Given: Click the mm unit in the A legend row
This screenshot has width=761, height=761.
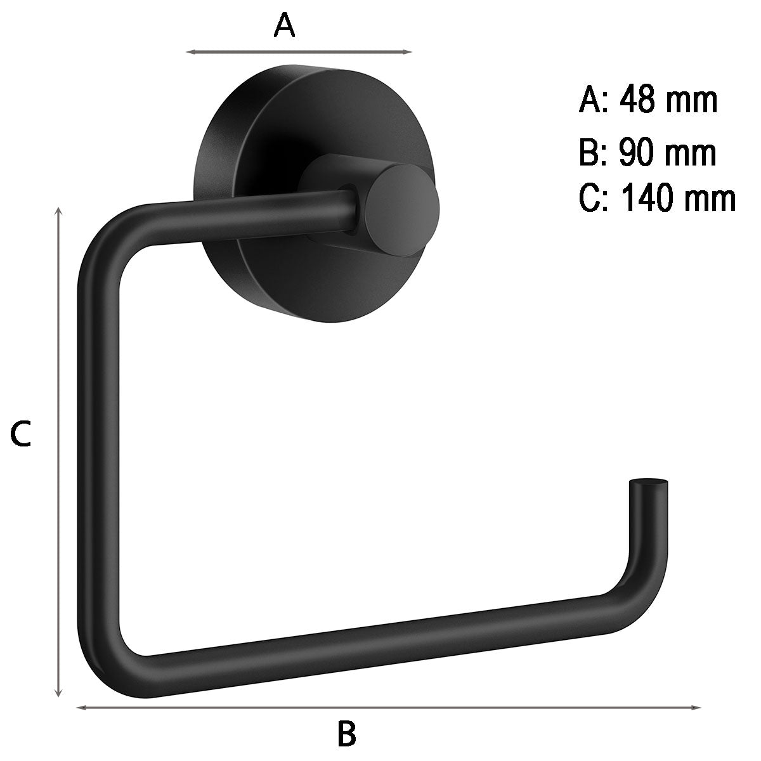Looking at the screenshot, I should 695,100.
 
